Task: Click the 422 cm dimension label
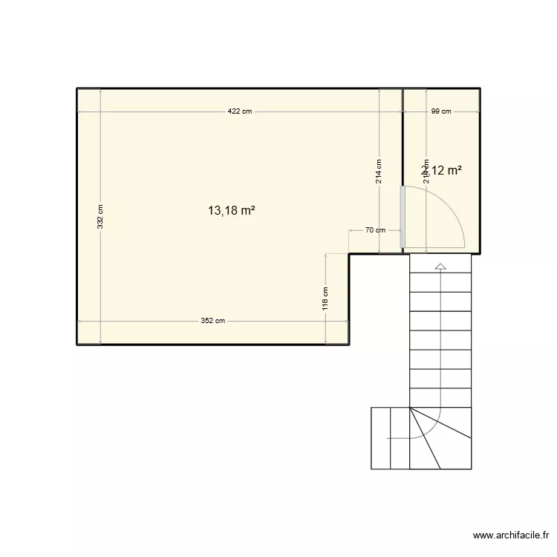[x=240, y=111]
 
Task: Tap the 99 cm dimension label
[x=441, y=111]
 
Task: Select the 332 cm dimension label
[x=100, y=217]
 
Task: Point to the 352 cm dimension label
[x=212, y=321]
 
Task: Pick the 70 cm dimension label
[x=376, y=230]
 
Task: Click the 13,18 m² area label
[x=232, y=210]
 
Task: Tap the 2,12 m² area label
[x=443, y=170]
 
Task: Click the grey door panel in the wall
[x=403, y=216]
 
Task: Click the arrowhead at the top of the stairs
[x=440, y=266]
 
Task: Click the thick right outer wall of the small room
[x=481, y=171]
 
